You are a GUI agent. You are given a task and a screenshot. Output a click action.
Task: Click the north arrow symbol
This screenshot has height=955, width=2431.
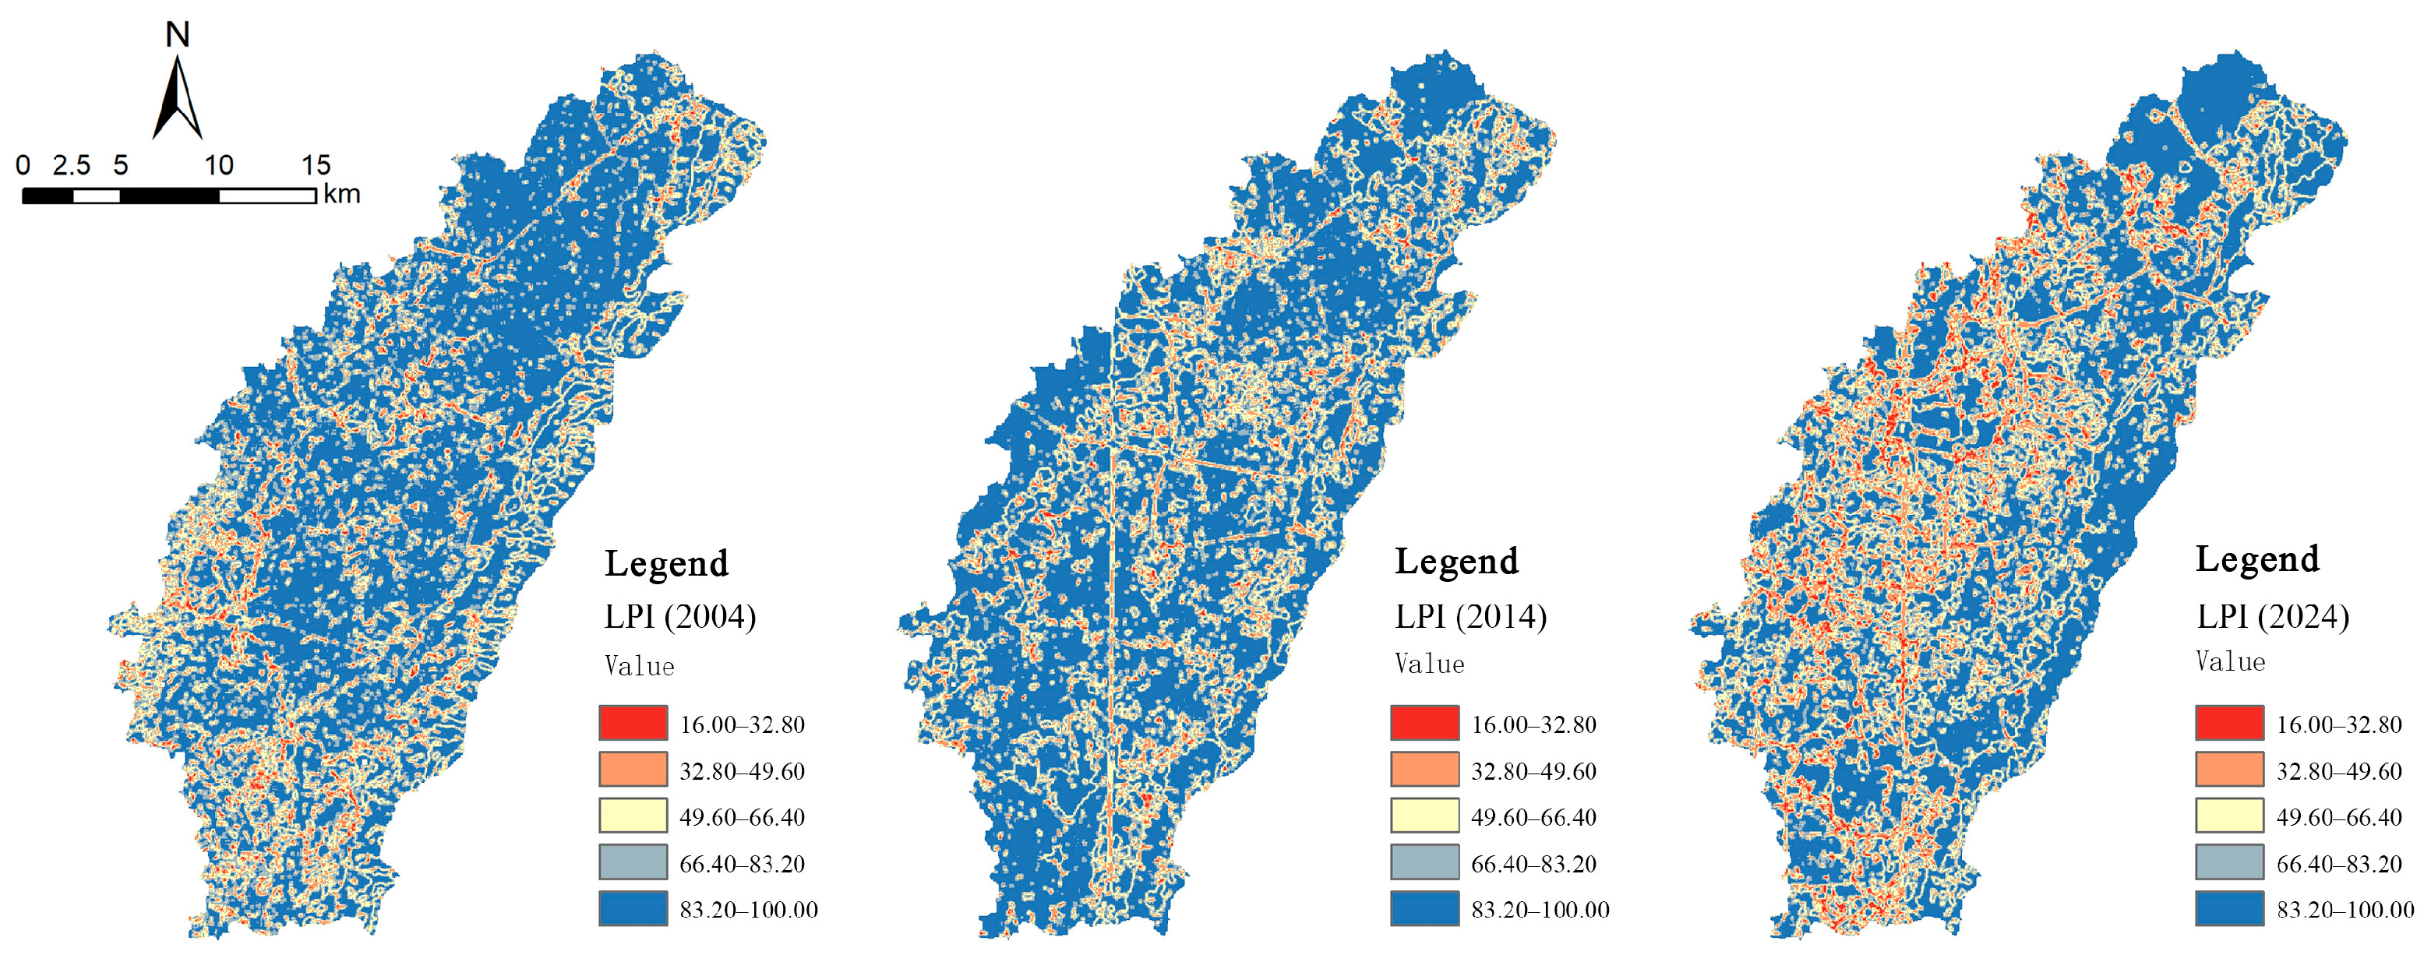coord(178,99)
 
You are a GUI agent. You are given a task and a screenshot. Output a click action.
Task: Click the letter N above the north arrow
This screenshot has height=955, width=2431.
coord(178,35)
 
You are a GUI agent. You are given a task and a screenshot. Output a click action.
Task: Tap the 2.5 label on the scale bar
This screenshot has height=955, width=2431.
coord(72,166)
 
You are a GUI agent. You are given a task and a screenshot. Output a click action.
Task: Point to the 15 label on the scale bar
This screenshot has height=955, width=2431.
coord(316,166)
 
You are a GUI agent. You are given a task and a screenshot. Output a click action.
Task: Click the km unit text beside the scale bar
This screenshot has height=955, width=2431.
coord(341,195)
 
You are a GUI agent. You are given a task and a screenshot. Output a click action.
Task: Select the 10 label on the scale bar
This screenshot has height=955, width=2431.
coord(218,166)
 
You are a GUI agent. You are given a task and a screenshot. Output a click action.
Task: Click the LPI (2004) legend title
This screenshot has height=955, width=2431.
coord(679,617)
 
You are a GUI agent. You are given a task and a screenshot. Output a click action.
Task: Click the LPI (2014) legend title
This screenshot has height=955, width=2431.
coord(1470,617)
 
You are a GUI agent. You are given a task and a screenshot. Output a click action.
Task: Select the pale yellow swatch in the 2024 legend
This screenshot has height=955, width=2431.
coord(2229,816)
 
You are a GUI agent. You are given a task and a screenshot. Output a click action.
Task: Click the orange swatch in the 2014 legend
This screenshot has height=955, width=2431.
coord(1424,769)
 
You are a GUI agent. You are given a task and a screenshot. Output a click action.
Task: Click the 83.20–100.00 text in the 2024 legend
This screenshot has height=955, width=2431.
coord(2345,910)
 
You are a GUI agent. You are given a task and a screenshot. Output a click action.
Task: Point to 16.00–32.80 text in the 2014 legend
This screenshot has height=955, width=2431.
coord(1533,724)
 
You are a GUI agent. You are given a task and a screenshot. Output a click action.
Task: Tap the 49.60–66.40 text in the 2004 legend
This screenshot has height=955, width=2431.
coord(742,817)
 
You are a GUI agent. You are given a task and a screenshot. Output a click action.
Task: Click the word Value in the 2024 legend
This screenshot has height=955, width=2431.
coord(2230,661)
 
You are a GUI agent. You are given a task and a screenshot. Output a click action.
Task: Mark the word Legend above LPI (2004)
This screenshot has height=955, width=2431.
coord(666,563)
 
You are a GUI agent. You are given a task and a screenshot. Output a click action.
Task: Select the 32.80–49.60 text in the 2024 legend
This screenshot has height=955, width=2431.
coord(2338,771)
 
